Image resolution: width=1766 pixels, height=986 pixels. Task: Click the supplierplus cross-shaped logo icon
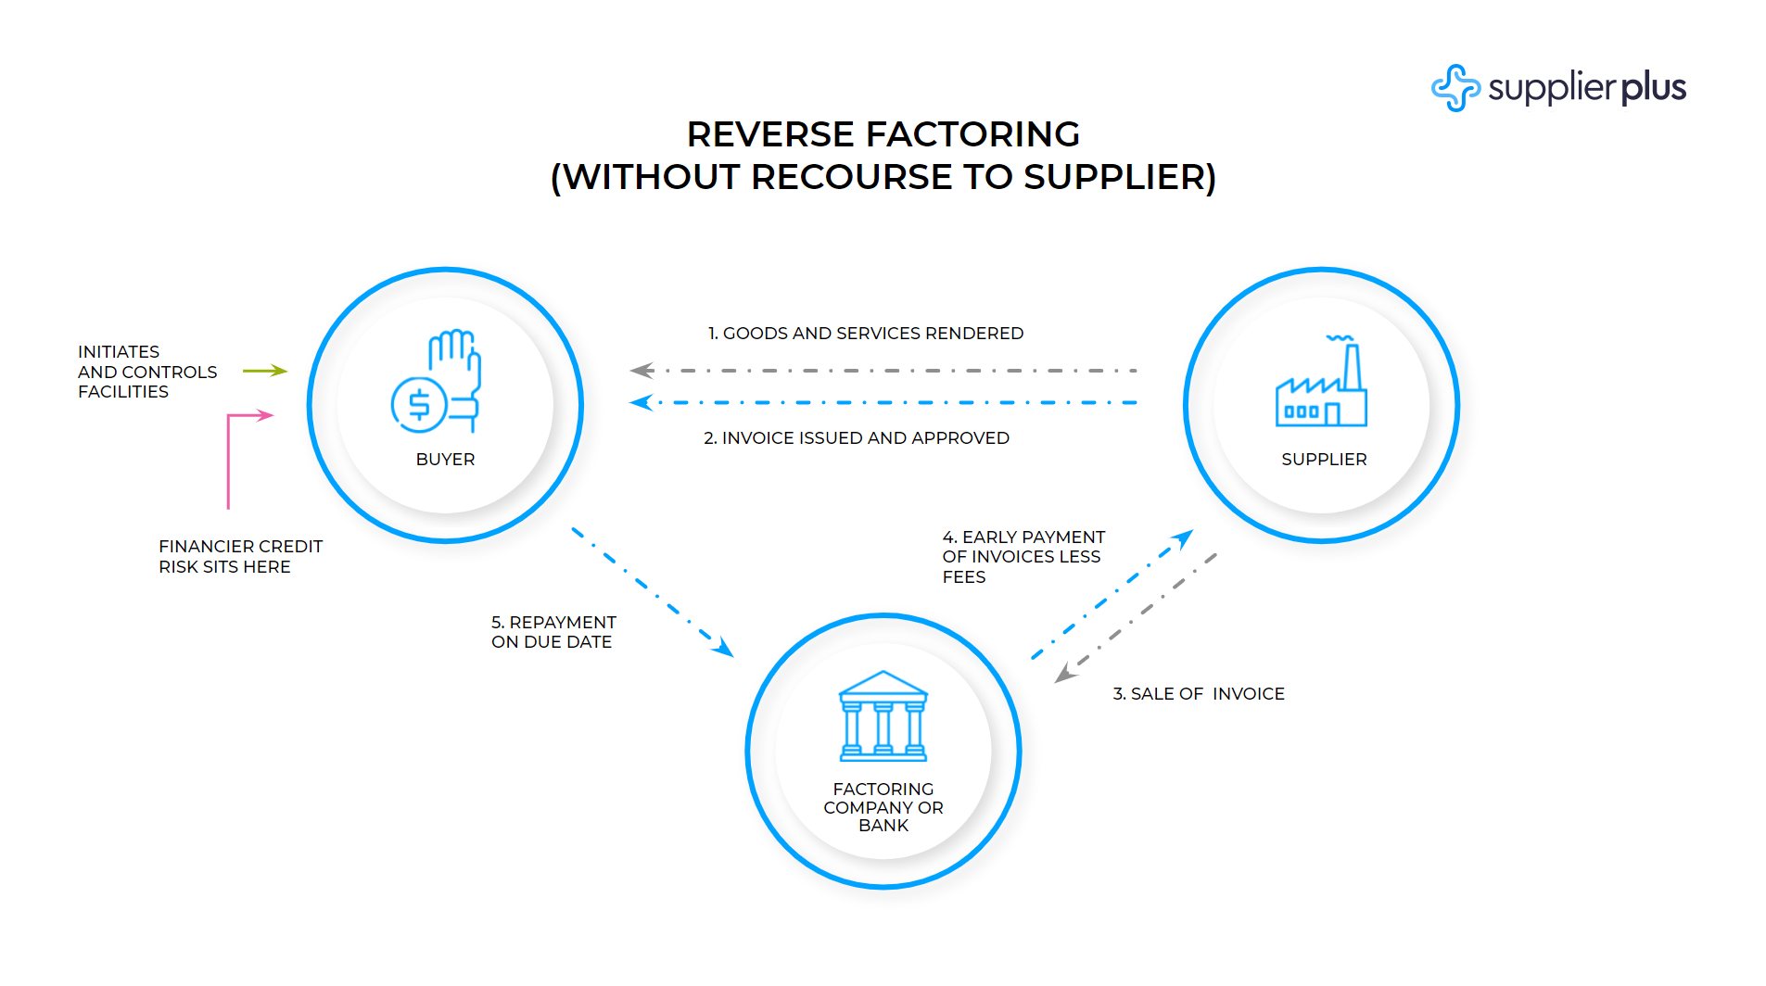tap(1455, 88)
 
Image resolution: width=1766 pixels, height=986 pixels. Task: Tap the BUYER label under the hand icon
tap(445, 460)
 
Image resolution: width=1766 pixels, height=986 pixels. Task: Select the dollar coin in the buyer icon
tap(419, 405)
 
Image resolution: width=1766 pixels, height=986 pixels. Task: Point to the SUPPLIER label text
tap(1324, 460)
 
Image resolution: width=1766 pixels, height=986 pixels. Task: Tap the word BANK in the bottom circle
tap(883, 826)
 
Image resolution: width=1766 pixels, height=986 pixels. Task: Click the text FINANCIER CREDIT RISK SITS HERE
tap(239, 557)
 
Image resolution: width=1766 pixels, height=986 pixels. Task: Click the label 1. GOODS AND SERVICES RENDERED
tap(866, 334)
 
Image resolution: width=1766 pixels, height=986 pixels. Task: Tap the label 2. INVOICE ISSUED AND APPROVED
tap(857, 438)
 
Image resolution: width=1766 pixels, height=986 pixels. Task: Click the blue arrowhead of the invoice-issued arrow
tap(641, 403)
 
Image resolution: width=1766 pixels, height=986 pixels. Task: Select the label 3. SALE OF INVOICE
tap(1198, 694)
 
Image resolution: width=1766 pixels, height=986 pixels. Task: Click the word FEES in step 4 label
tap(964, 577)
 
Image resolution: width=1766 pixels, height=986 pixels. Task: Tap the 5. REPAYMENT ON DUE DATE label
tap(553, 632)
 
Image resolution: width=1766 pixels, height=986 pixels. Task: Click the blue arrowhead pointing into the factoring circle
tap(723, 648)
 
